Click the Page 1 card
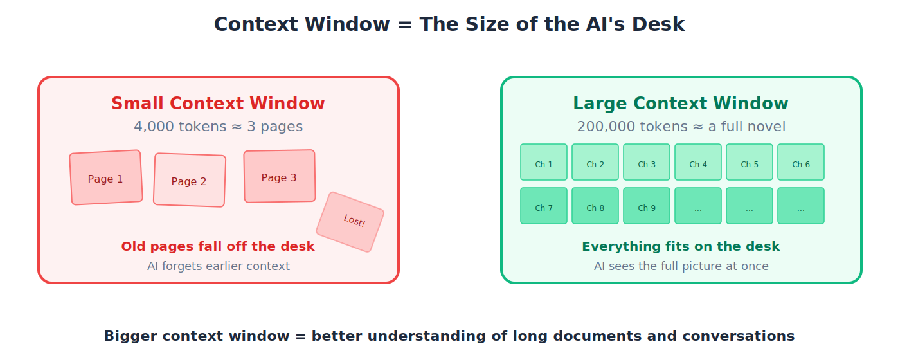click(106, 178)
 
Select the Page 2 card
click(190, 181)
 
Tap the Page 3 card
click(280, 177)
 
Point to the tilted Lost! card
click(350, 222)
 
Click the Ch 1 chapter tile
click(544, 163)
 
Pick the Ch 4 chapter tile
click(698, 163)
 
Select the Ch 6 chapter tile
click(801, 163)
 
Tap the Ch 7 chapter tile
click(544, 206)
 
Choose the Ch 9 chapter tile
click(647, 206)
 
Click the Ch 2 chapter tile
click(595, 163)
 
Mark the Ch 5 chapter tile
click(750, 163)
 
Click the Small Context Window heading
click(218, 104)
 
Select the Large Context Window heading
click(681, 104)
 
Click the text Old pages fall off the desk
click(218, 246)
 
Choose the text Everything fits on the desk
click(681, 246)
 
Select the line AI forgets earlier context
click(218, 266)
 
